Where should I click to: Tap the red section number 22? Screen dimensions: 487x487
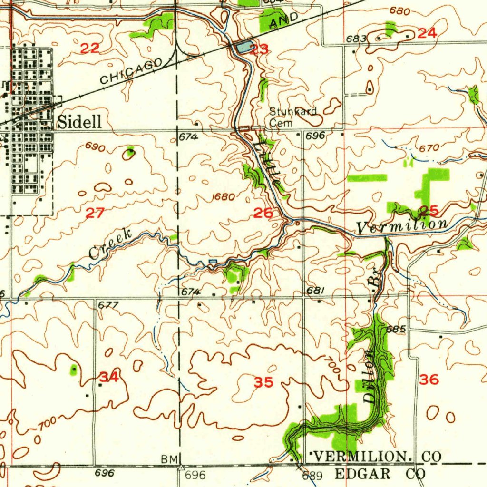(90, 48)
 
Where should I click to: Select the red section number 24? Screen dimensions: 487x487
(427, 33)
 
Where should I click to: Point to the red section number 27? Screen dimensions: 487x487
(94, 214)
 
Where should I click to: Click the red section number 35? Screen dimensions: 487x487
(263, 382)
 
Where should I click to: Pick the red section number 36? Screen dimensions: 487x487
(429, 380)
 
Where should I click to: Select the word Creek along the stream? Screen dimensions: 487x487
(110, 244)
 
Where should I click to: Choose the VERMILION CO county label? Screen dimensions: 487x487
(375, 457)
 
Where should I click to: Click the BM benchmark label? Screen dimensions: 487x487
(169, 459)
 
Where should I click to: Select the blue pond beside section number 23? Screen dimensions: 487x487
(243, 47)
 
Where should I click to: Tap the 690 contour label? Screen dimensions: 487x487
(95, 147)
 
